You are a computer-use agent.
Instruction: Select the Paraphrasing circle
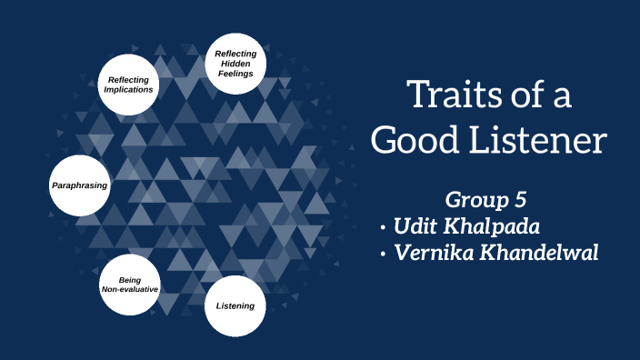click(x=79, y=185)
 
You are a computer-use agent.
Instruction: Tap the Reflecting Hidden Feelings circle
click(x=235, y=65)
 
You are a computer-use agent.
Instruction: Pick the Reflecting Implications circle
click(x=128, y=85)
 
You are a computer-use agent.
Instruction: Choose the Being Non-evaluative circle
click(x=129, y=283)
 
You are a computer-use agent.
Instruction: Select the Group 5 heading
click(x=487, y=199)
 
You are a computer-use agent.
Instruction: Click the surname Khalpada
click(x=498, y=226)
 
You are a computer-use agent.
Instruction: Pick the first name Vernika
click(x=433, y=253)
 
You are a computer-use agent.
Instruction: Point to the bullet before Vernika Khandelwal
click(x=385, y=255)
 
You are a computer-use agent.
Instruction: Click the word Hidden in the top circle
click(x=235, y=65)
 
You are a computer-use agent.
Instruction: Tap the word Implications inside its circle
click(x=128, y=90)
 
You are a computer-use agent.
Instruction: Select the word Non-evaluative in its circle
click(x=129, y=288)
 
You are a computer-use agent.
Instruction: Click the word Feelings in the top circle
click(x=235, y=75)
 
